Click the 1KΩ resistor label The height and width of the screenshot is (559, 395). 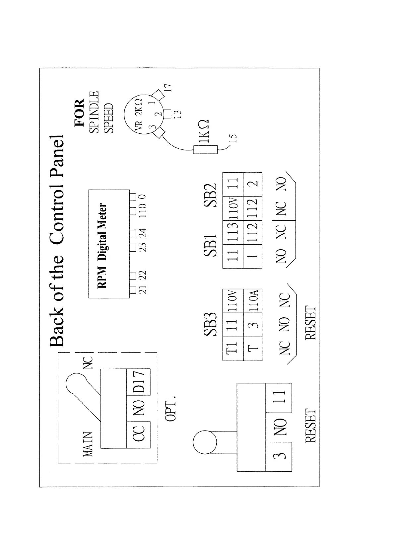click(204, 131)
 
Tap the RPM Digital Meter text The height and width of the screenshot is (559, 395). click(102, 246)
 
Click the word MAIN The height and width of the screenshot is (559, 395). click(88, 444)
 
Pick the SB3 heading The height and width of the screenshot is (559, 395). click(210, 324)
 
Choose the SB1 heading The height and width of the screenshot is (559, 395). click(210, 245)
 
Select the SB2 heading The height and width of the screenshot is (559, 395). click(210, 195)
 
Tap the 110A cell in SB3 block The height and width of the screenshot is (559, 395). click(253, 301)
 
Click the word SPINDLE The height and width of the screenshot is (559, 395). click(94, 112)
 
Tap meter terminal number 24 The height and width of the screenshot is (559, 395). click(143, 233)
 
